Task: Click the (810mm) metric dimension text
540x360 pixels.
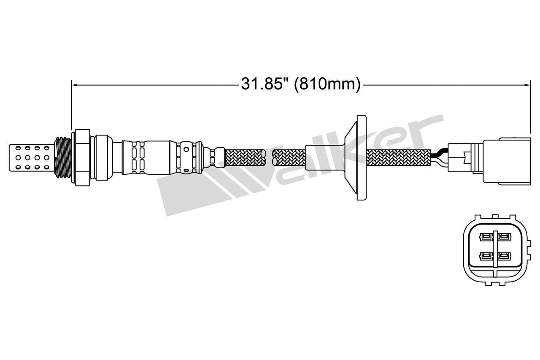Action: click(x=327, y=84)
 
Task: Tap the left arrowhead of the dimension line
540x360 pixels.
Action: click(x=75, y=85)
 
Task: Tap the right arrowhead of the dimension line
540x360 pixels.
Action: click(x=527, y=85)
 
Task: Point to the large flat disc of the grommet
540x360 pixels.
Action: click(x=362, y=157)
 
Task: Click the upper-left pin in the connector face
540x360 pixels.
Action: click(x=486, y=237)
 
